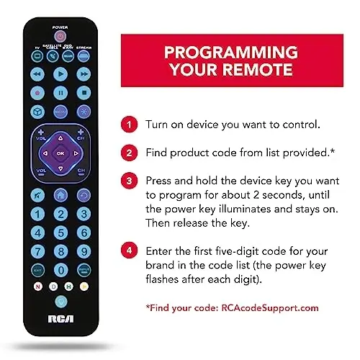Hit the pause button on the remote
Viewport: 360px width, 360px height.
[60, 93]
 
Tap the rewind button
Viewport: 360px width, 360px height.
[37, 74]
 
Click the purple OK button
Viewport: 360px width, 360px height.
[60, 153]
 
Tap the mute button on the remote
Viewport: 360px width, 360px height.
[60, 112]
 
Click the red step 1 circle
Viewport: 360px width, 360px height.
[129, 125]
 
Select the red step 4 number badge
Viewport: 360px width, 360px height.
[129, 250]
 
